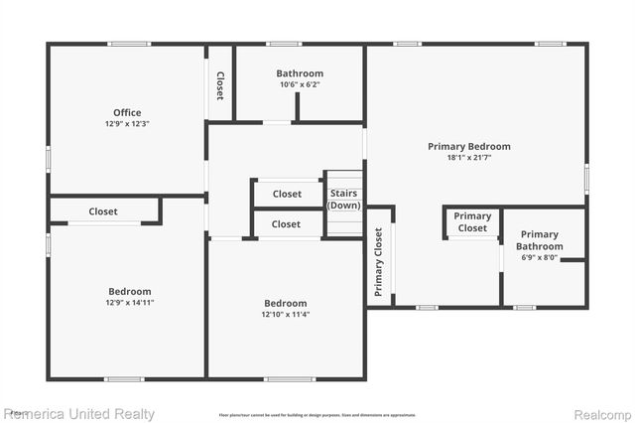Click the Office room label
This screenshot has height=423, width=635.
127,112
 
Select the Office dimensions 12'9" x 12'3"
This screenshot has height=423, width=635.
127,124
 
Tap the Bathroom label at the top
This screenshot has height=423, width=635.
300,73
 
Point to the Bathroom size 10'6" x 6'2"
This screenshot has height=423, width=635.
300,84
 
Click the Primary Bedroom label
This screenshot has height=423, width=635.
469,146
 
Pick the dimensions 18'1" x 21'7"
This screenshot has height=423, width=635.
469,158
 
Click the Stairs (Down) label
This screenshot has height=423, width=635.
344,200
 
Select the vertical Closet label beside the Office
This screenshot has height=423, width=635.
220,85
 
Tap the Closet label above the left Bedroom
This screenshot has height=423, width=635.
103,211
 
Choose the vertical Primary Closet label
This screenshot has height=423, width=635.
379,263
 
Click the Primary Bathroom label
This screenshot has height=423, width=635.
540,240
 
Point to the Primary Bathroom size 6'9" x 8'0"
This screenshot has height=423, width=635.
540,257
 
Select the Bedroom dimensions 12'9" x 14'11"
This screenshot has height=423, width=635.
130,303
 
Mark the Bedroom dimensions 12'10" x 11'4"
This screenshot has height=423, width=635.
286,315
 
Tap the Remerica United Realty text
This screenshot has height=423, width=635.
79,413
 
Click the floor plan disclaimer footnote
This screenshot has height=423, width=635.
317,415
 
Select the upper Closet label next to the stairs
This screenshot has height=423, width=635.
287,194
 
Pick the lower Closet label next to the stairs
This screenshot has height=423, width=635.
286,224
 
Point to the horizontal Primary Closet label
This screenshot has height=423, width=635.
472,222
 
